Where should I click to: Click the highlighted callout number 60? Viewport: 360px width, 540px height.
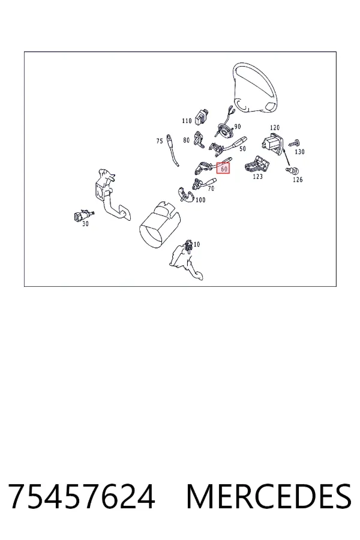click(223, 169)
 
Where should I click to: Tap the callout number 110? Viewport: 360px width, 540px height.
click(187, 121)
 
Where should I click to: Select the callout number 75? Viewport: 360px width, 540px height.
click(159, 141)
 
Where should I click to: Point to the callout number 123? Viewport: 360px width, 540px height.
click(257, 176)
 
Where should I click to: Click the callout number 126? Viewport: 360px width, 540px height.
click(298, 179)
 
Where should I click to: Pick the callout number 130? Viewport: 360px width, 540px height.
click(299, 152)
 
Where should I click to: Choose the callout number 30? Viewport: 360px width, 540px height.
click(85, 224)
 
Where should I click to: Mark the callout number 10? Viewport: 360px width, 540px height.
click(196, 244)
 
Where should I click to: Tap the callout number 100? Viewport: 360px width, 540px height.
click(200, 200)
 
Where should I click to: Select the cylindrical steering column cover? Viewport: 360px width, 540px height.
click(160, 224)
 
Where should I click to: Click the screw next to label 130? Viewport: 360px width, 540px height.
click(295, 142)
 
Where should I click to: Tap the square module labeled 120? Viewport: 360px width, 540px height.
click(272, 142)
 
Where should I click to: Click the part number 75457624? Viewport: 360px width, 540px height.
click(82, 496)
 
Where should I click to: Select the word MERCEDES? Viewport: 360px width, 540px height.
click(269, 496)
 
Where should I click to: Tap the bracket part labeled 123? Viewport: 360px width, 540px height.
click(257, 164)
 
